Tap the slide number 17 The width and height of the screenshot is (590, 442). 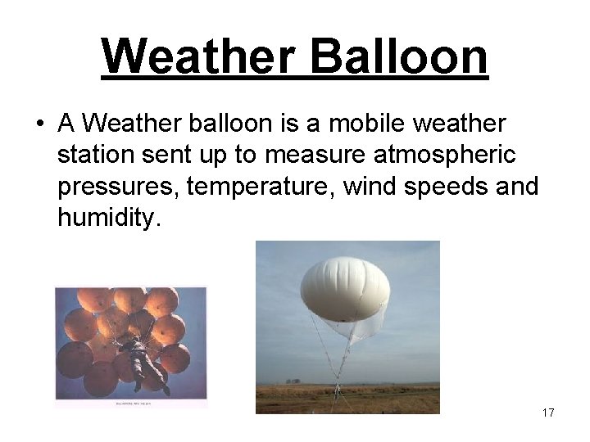(x=547, y=413)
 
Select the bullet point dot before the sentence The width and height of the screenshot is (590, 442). (x=39, y=125)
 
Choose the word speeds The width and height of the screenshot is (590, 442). (x=449, y=187)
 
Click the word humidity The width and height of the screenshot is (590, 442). (x=104, y=218)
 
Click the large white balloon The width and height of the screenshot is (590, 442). (x=344, y=286)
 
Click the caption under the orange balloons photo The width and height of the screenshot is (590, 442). (x=131, y=401)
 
